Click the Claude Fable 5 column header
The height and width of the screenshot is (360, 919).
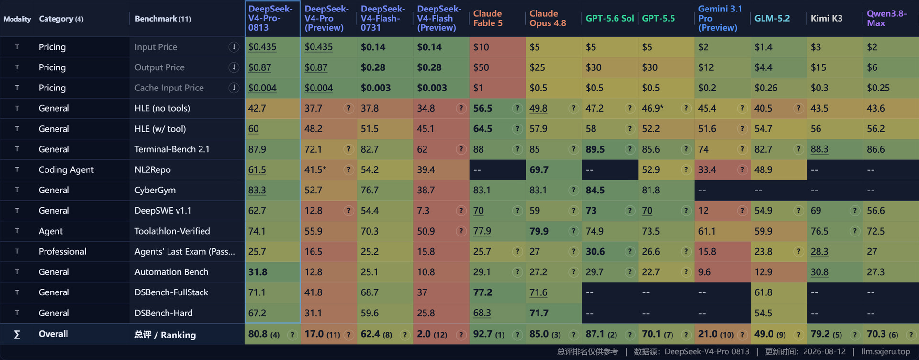[488, 18]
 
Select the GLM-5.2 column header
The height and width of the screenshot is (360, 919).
[772, 18]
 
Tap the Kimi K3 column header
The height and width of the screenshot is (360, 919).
[827, 18]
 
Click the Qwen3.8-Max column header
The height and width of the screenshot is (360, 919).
[886, 18]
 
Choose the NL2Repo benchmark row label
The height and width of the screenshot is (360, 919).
[153, 170]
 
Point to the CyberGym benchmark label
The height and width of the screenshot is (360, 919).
[155, 190]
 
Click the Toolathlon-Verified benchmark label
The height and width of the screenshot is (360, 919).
[172, 231]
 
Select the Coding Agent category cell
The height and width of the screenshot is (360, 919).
[66, 170]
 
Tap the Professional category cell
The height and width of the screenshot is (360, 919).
[63, 252]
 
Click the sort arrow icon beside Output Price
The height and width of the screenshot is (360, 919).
[234, 67]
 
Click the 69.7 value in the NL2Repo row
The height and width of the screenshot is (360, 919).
[539, 170]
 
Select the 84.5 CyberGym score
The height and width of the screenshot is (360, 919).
[595, 190]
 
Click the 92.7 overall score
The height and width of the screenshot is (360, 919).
[482, 334]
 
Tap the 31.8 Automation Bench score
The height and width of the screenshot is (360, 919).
[258, 272]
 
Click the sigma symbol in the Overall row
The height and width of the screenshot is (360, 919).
[17, 334]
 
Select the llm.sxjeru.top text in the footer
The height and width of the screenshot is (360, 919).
[885, 352]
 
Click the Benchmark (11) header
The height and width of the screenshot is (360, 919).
[163, 19]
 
